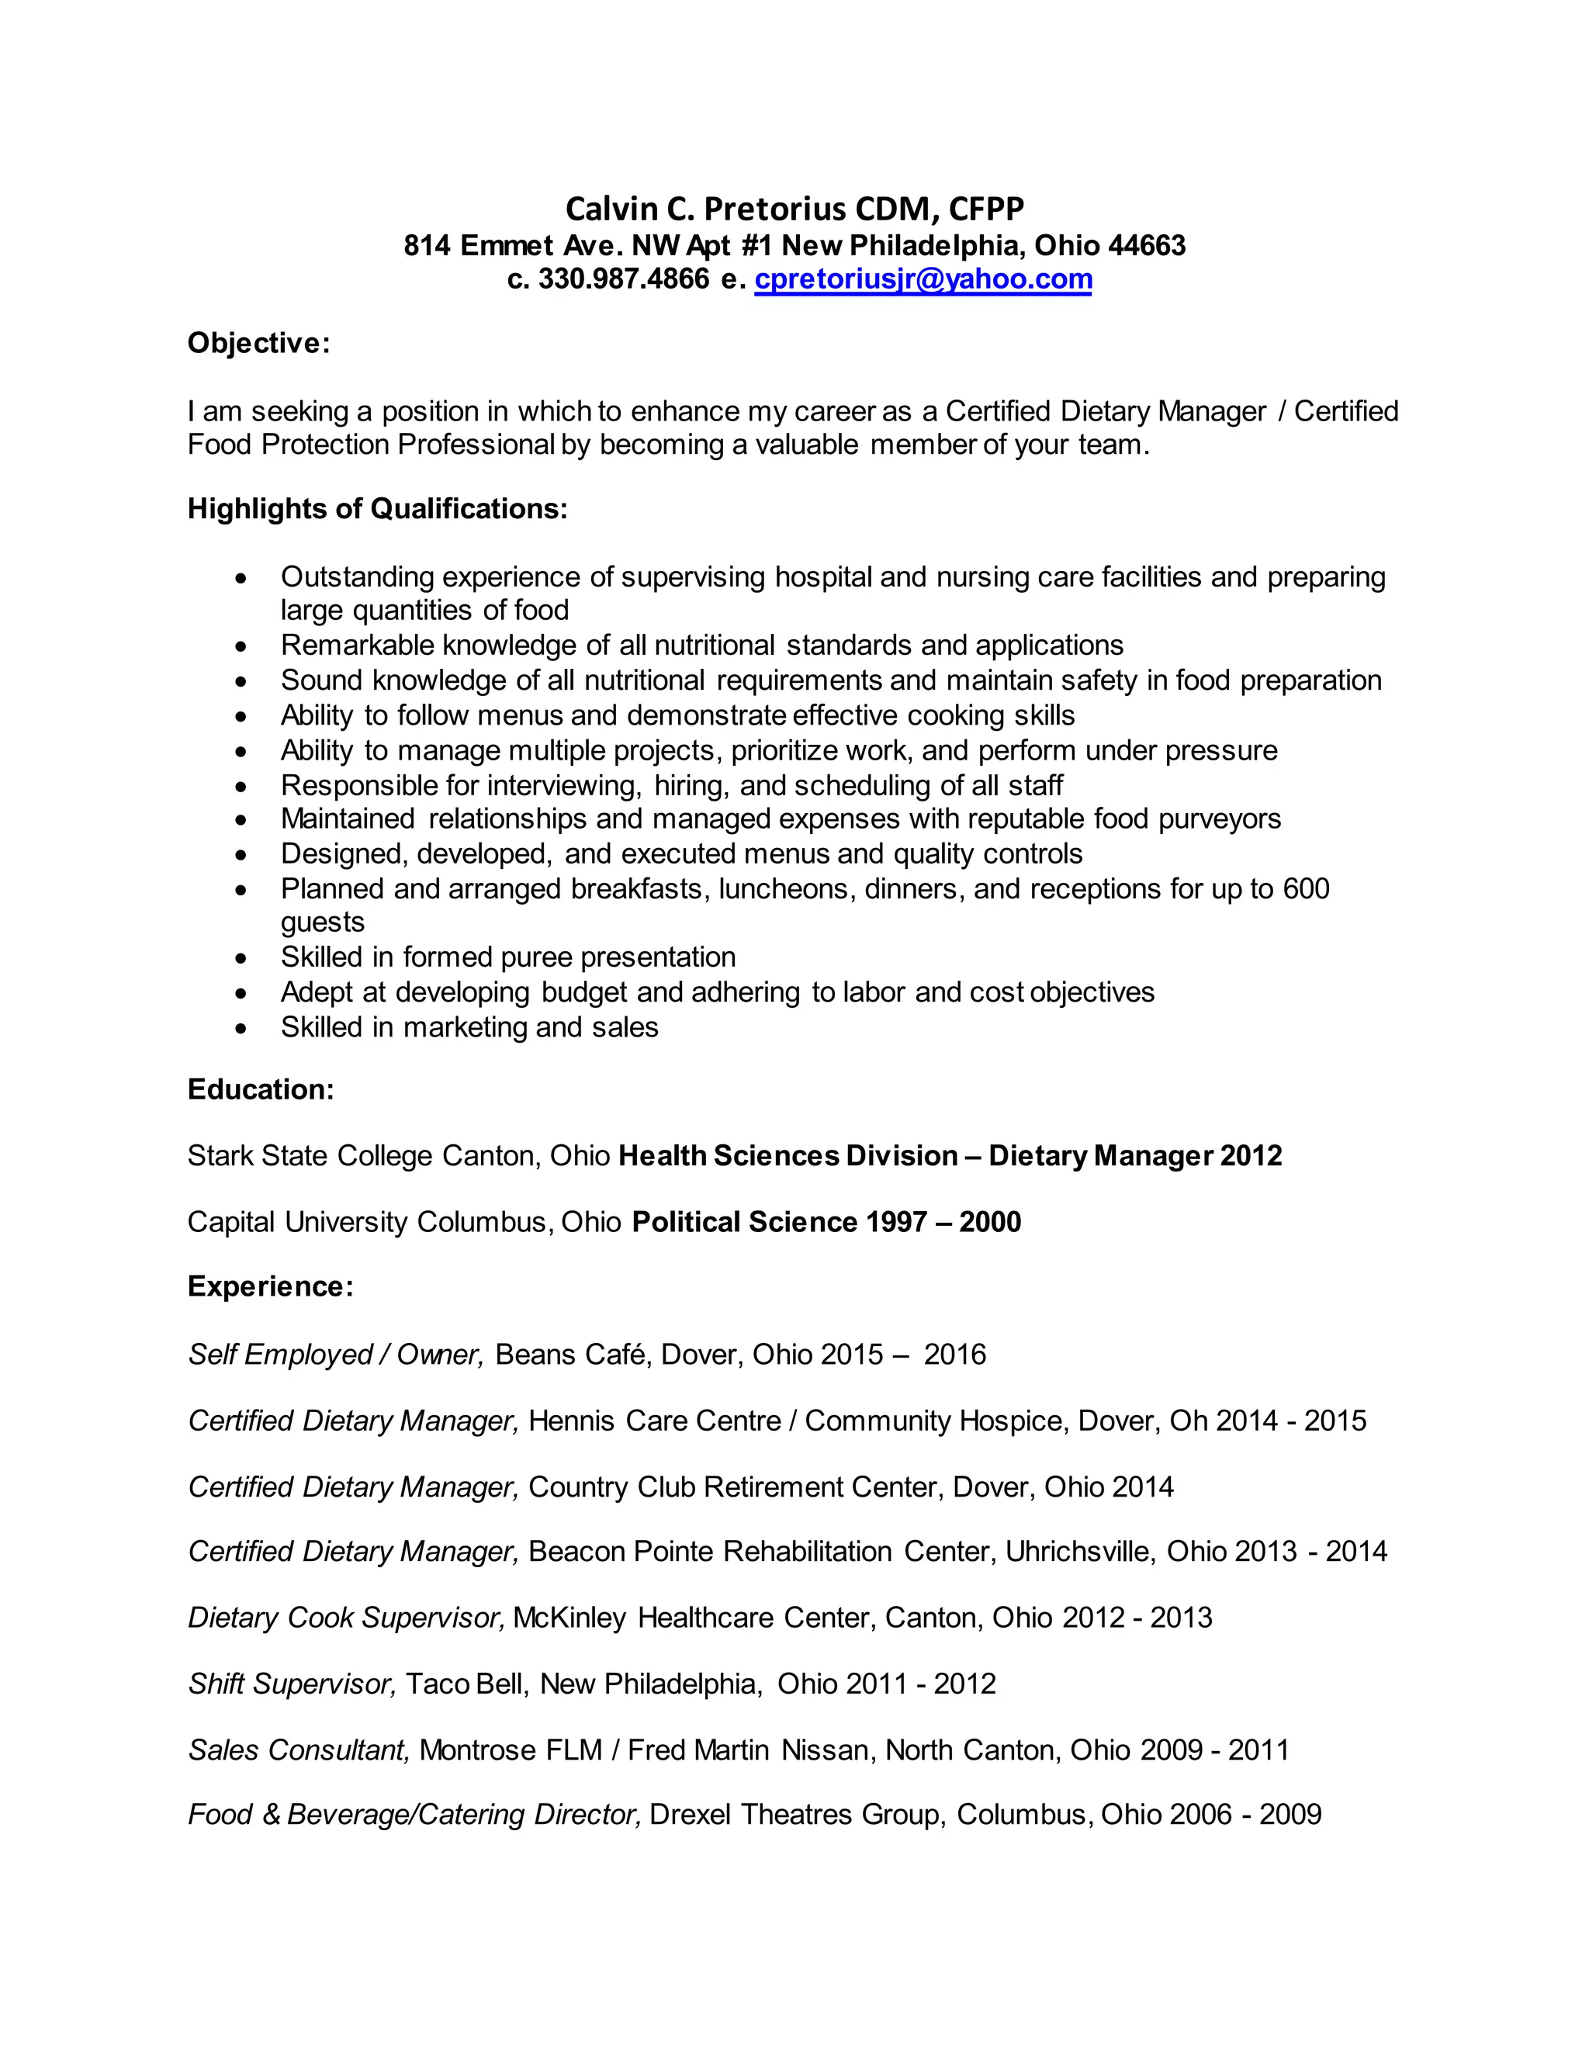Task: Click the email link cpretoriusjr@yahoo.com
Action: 923,279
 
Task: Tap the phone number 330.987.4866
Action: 623,279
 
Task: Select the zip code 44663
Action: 1147,246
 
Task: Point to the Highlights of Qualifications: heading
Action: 378,509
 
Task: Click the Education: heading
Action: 261,1090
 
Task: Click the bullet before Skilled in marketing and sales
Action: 242,1029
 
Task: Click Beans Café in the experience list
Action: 573,1355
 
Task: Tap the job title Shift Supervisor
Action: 292,1684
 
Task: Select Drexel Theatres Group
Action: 799,1815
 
